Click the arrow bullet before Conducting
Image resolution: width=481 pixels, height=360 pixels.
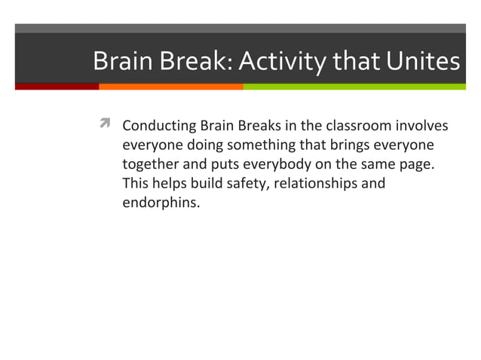105,124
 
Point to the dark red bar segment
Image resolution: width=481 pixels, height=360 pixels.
57,87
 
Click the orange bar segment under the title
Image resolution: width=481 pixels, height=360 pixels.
170,87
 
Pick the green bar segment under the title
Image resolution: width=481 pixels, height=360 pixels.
354,87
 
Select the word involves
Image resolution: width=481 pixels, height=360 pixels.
424,125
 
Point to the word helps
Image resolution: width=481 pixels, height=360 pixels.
167,184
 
